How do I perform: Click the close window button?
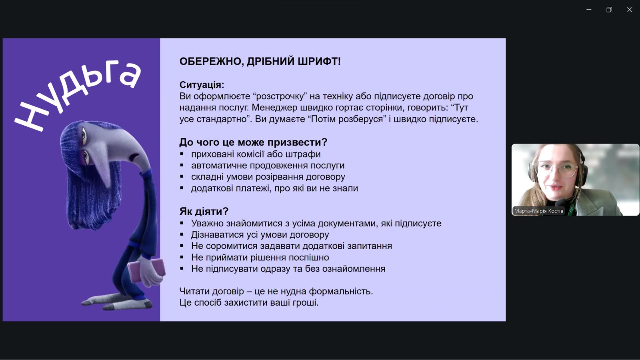click(630, 10)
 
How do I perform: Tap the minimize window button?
click(589, 10)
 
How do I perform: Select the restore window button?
click(609, 10)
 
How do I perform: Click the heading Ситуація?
click(202, 85)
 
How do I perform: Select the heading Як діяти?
click(204, 212)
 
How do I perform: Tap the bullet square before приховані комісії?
click(182, 154)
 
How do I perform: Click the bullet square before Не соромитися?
click(182, 246)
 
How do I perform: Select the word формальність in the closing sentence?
click(341, 292)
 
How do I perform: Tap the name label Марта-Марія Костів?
click(538, 211)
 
